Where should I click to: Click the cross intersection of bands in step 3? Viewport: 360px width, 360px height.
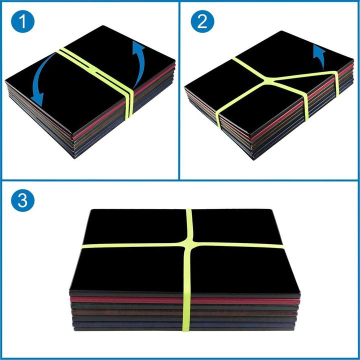point(189,245)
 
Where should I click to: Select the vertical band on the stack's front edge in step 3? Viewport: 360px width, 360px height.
point(186,310)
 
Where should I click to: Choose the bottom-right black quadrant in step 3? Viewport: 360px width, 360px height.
point(240,270)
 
